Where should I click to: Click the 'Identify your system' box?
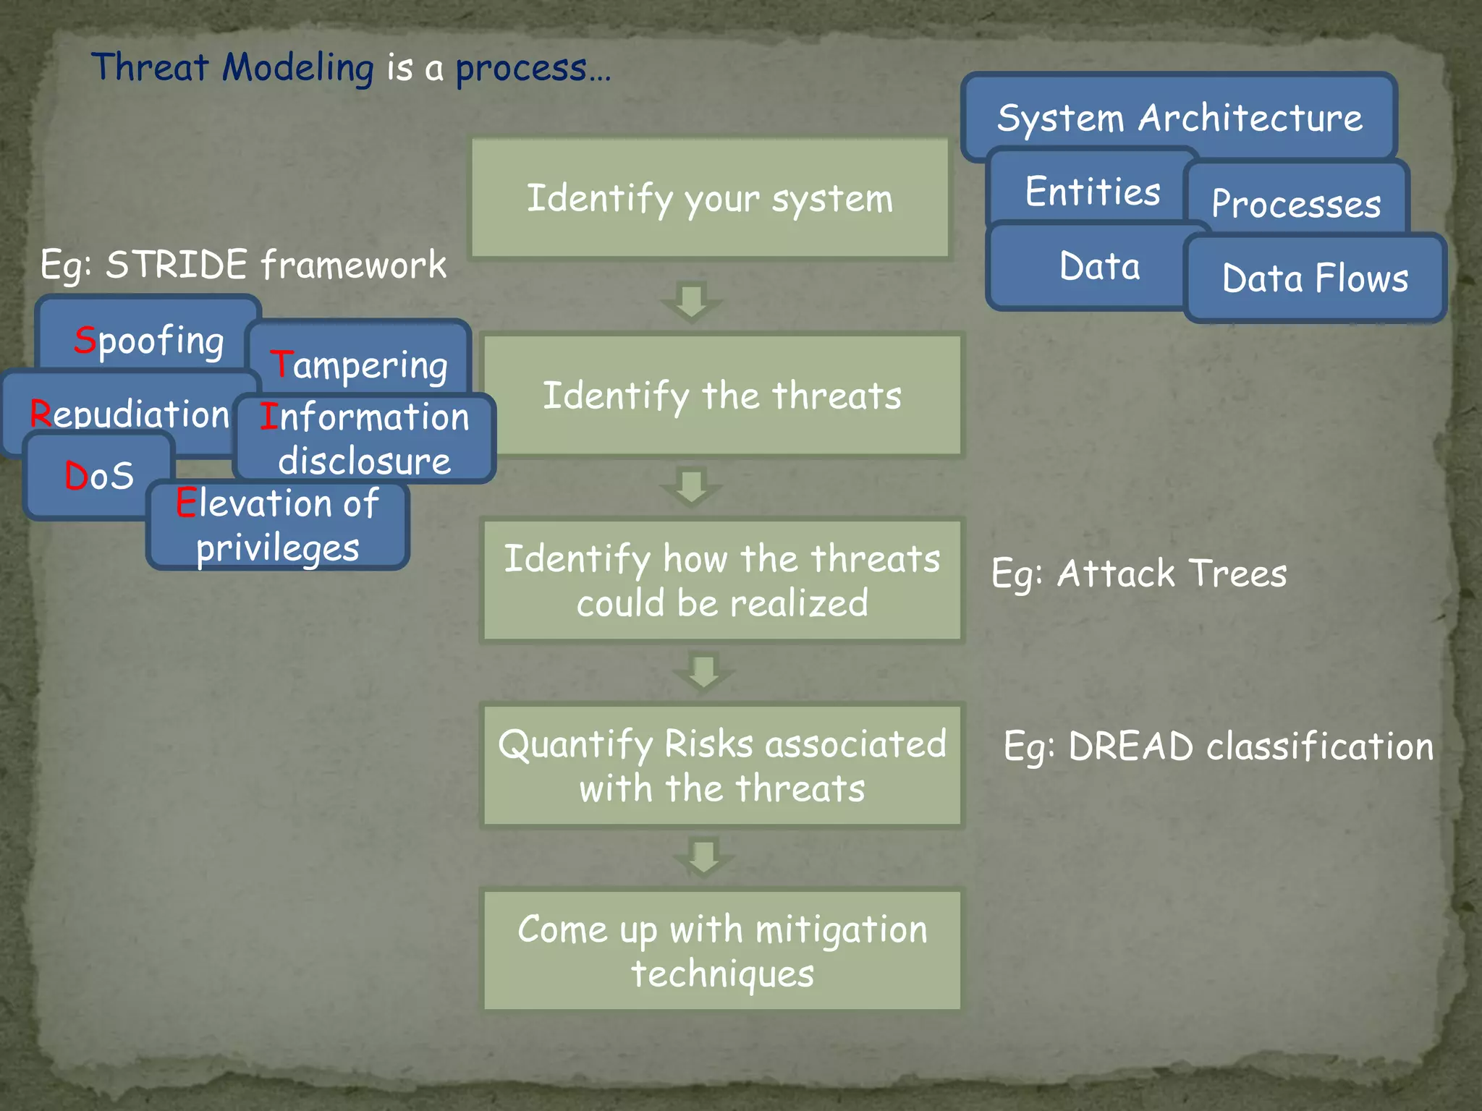click(709, 199)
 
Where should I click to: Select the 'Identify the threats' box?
click(722, 396)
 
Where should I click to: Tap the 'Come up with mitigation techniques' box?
click(722, 950)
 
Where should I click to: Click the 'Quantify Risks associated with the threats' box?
click(722, 765)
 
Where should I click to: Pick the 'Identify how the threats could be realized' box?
click(722, 580)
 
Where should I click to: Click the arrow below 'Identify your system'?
click(692, 301)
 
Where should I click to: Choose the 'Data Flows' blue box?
click(1315, 278)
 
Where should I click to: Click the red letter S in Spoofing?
click(85, 339)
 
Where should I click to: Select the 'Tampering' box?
click(359, 365)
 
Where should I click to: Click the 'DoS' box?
click(99, 476)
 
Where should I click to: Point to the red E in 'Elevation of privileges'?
click(186, 503)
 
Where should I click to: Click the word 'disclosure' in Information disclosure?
click(364, 461)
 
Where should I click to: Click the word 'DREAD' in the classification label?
click(1130, 746)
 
